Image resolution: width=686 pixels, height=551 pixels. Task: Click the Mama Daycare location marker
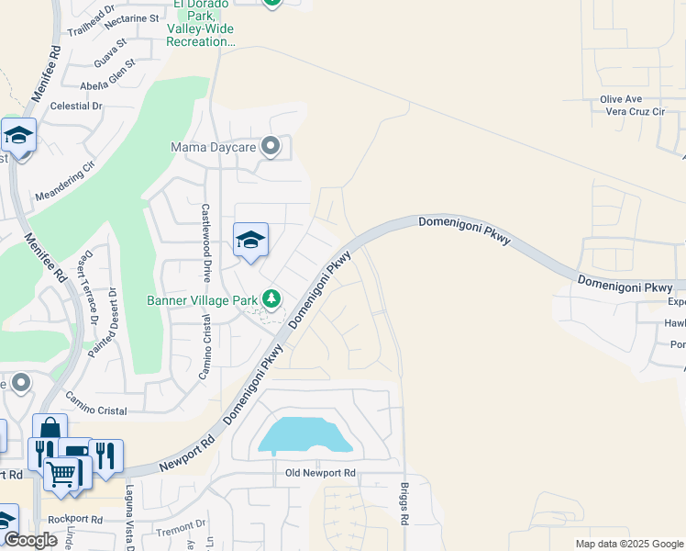coord(271,147)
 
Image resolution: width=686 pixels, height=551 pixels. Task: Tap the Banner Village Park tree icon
coord(271,299)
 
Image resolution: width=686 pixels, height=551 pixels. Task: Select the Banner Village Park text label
coord(203,300)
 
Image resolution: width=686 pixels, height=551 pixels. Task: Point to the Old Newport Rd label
coord(314,473)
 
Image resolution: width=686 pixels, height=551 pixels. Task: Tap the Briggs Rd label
coord(404,504)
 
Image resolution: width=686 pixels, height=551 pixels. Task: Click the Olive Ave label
coord(621,99)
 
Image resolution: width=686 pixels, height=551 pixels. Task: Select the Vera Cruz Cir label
coord(634,111)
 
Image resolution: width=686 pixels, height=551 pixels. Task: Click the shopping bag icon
coord(50,428)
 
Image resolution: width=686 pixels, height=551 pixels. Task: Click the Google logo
coord(30,540)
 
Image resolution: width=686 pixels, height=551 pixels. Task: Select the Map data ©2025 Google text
coord(628,544)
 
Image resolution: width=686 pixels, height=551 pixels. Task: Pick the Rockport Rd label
coord(76,519)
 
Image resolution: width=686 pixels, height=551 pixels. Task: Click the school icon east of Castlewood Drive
coord(250,241)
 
